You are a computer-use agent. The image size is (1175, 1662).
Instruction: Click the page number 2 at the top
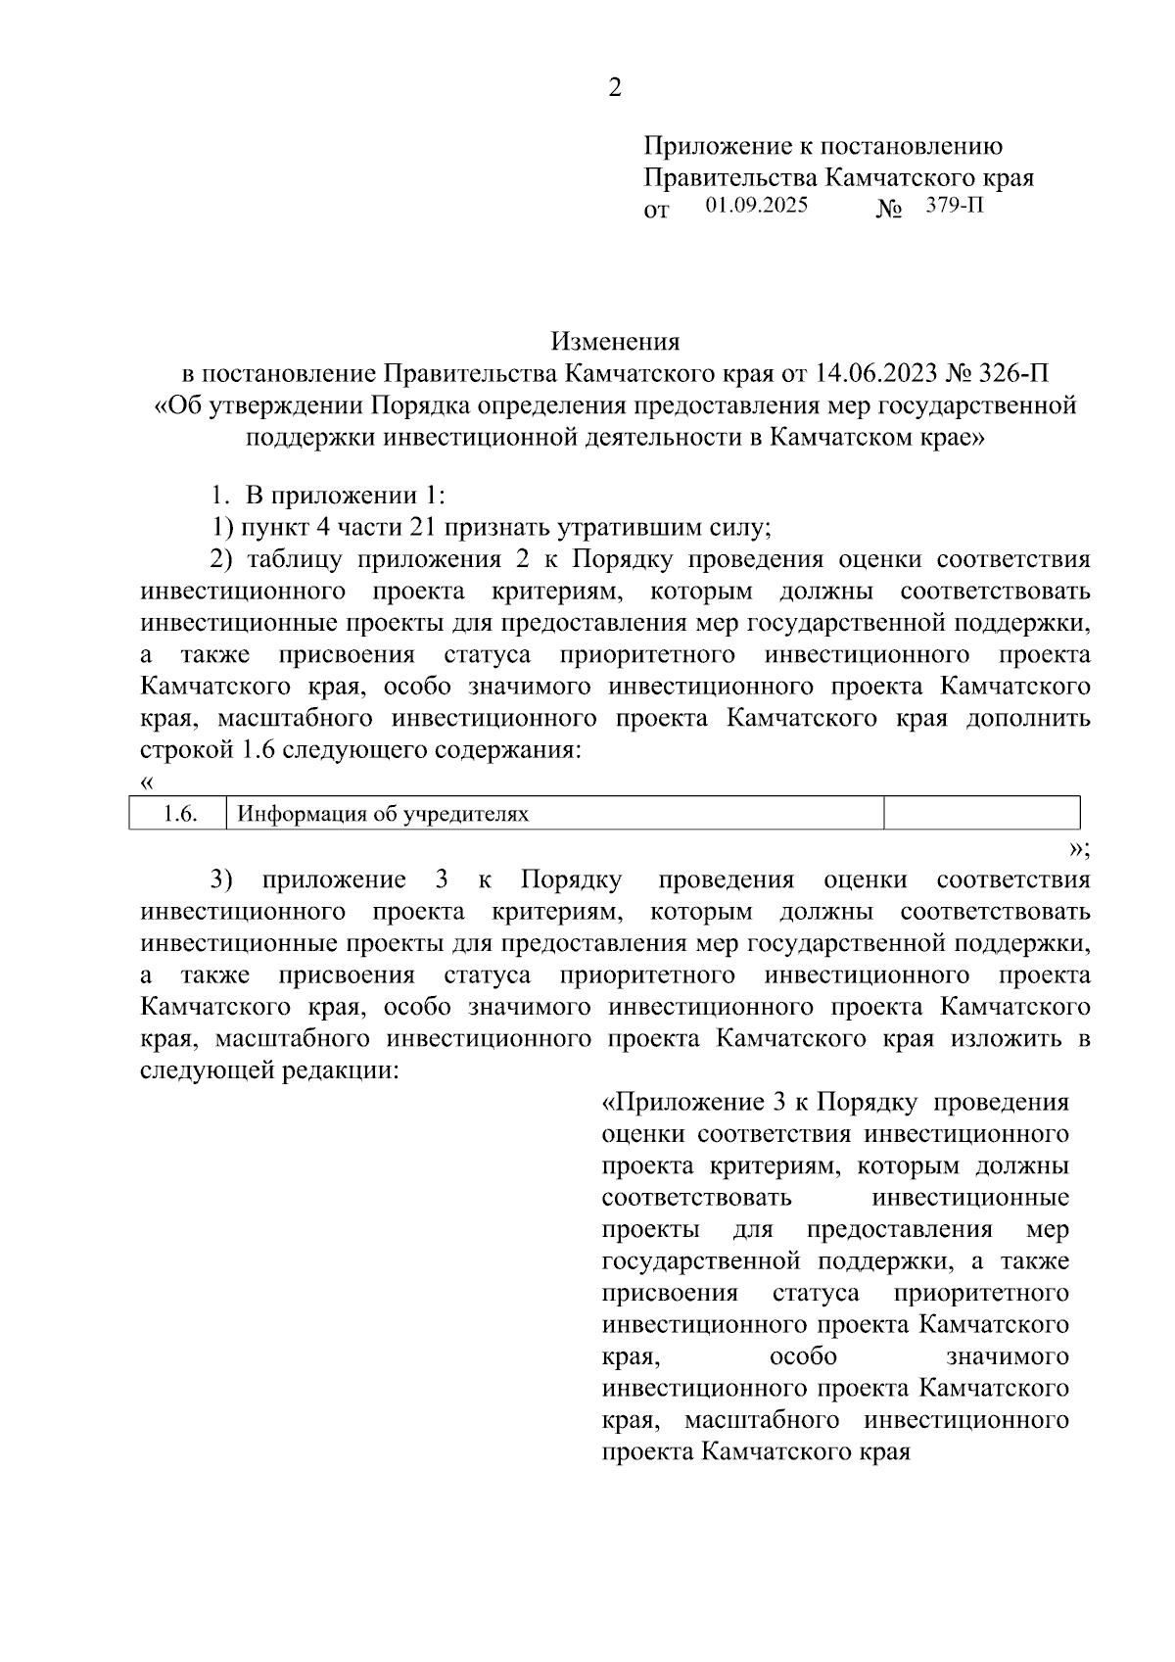(x=615, y=88)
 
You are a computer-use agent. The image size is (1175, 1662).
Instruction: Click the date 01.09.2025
(x=756, y=206)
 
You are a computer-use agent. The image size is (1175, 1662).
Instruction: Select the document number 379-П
(x=955, y=206)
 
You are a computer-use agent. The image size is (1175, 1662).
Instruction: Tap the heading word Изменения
(x=615, y=342)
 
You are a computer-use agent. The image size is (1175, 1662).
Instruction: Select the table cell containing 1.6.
(x=178, y=814)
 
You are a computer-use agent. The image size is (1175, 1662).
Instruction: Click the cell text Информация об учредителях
(x=384, y=814)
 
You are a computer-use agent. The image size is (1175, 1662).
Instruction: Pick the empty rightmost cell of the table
(x=981, y=814)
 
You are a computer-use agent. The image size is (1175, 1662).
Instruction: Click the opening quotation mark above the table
(x=147, y=783)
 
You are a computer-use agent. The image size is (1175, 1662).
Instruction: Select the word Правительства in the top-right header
(x=729, y=178)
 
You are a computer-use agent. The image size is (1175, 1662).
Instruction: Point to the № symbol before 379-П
(x=888, y=210)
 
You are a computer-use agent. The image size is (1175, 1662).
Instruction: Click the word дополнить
(x=1028, y=718)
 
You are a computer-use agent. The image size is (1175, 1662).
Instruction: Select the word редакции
(x=341, y=1069)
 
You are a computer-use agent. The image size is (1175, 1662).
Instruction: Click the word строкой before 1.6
(x=183, y=750)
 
